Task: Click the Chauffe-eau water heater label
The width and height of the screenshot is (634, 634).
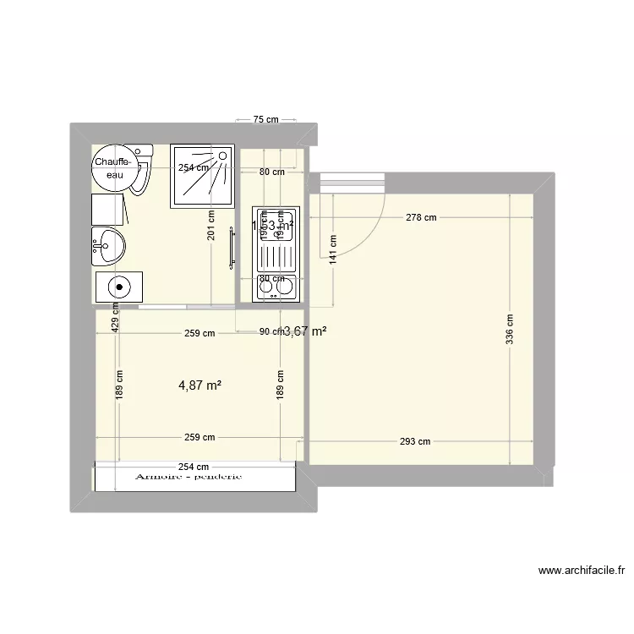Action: tap(112, 167)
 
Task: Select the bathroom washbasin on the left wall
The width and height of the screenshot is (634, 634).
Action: tap(108, 245)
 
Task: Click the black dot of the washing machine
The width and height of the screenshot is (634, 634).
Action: tap(120, 287)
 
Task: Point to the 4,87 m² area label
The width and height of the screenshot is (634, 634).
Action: tap(199, 385)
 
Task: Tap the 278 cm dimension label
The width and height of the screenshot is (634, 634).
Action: tap(421, 217)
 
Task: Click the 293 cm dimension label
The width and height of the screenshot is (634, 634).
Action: tap(416, 440)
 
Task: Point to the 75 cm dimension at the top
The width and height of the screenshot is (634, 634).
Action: tap(266, 119)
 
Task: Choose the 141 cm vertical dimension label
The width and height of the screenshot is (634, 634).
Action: tap(333, 249)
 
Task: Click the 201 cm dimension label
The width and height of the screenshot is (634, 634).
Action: tap(211, 225)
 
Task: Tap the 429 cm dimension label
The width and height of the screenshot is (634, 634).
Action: tap(115, 319)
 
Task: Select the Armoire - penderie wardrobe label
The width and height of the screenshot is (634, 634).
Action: tap(189, 476)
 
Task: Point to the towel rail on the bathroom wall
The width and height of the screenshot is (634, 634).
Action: tap(231, 251)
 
